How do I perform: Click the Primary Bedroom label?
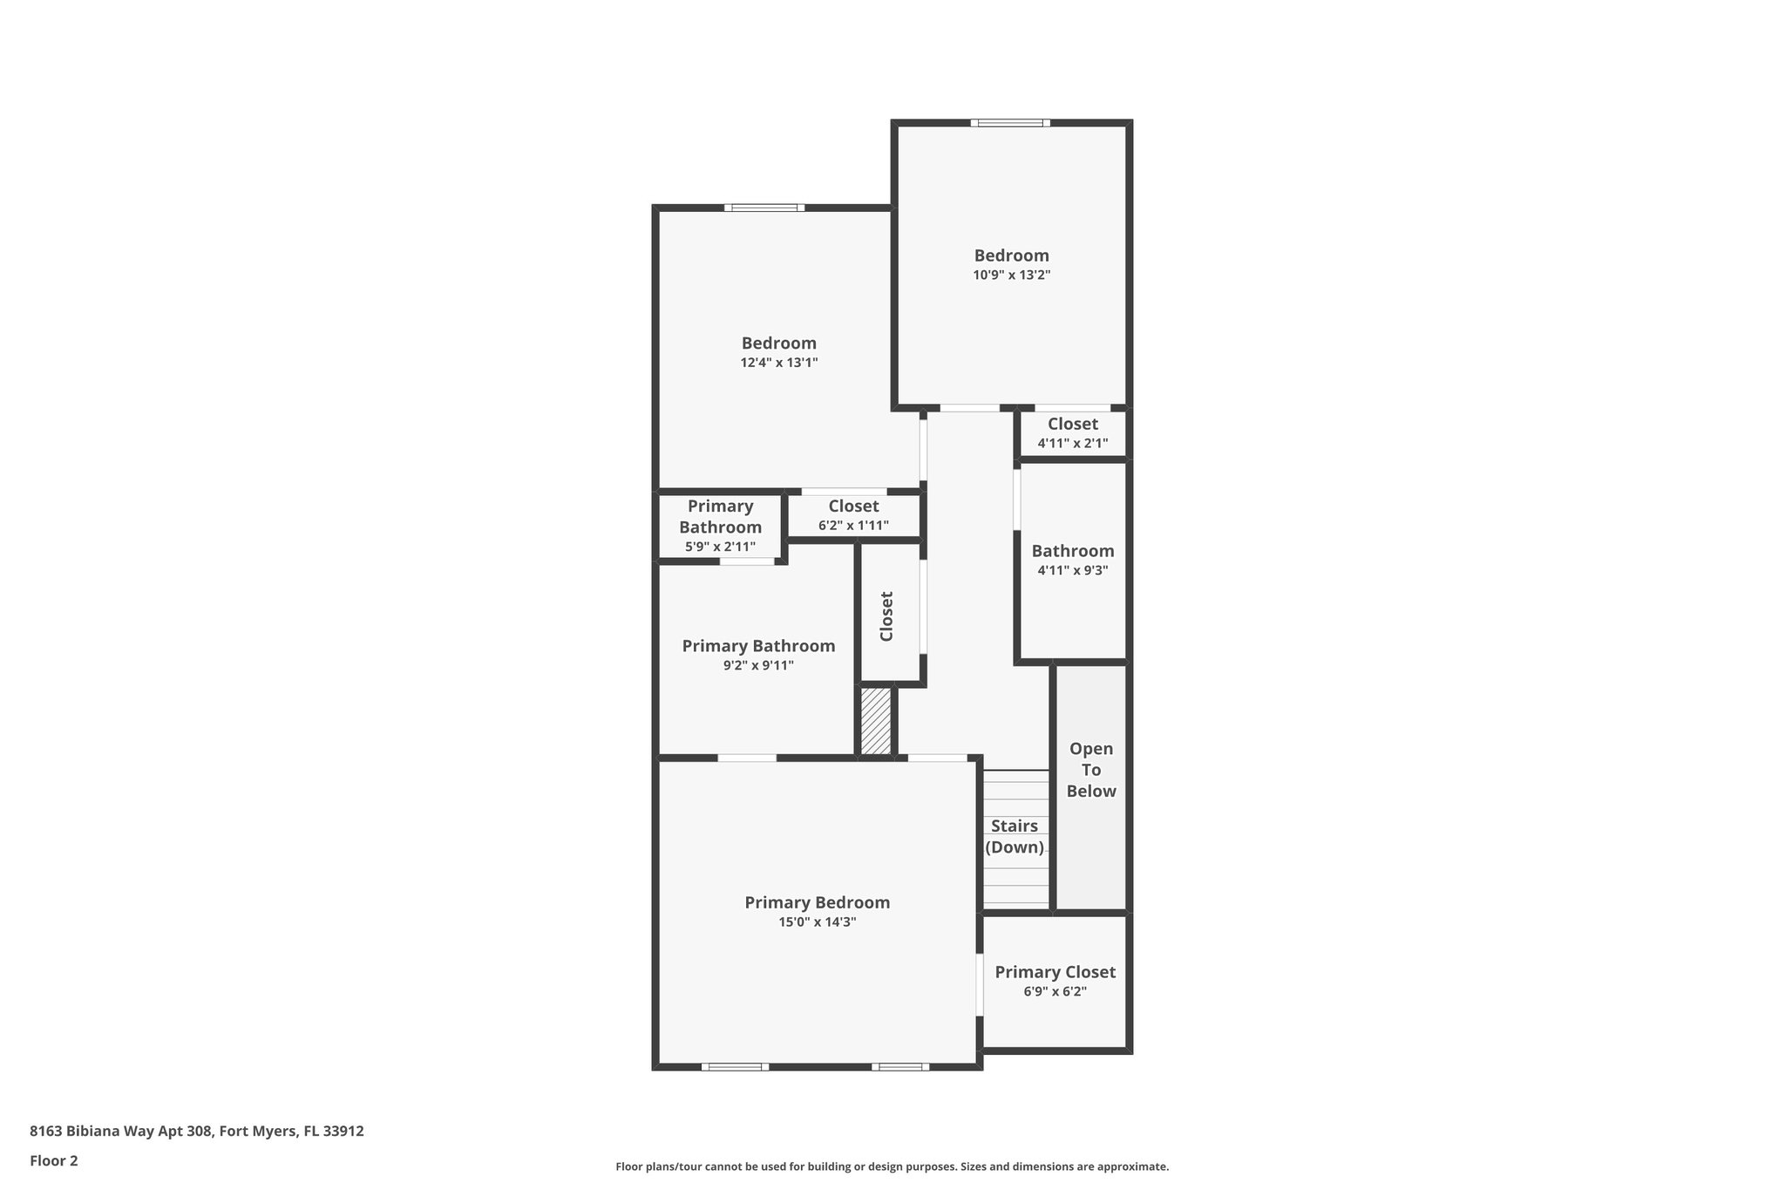click(817, 902)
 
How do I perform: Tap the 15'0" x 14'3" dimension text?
click(817, 922)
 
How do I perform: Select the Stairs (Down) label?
click(1015, 836)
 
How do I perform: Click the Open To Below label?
click(1091, 770)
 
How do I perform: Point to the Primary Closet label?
click(1055, 972)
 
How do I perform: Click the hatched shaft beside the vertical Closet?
click(876, 721)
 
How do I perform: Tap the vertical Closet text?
click(886, 616)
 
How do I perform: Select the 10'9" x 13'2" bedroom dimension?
click(1011, 275)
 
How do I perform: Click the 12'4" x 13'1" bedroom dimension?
click(778, 363)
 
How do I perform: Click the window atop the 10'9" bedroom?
click(1010, 123)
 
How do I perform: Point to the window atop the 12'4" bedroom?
click(764, 207)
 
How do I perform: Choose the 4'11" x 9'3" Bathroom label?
click(1072, 551)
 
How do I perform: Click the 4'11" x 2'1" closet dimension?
click(1072, 443)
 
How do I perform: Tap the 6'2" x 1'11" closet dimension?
click(853, 526)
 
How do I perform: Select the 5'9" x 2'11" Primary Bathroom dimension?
click(720, 547)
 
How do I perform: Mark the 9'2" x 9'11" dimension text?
click(757, 665)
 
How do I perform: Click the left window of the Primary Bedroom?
click(735, 1066)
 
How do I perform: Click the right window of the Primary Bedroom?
click(899, 1066)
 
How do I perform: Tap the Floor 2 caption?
click(54, 1160)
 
